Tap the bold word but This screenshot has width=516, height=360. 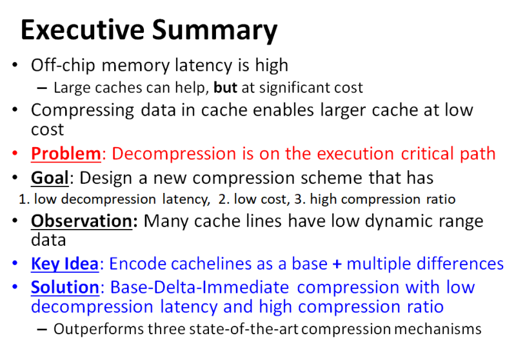click(x=227, y=87)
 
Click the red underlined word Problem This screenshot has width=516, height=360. click(x=66, y=154)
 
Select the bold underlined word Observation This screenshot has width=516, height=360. click(x=83, y=221)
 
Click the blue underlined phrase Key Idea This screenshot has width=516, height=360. click(x=64, y=264)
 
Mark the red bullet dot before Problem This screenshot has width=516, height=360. click(x=15, y=155)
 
